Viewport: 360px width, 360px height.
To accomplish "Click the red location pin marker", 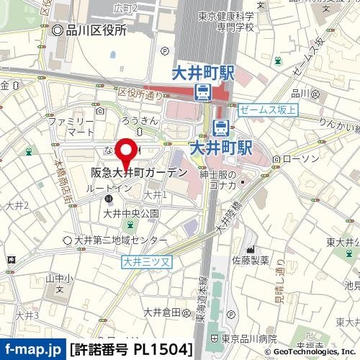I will pyautogui.click(x=127, y=153).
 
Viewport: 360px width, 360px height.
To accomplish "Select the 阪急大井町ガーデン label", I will pyautogui.click(x=140, y=174).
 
